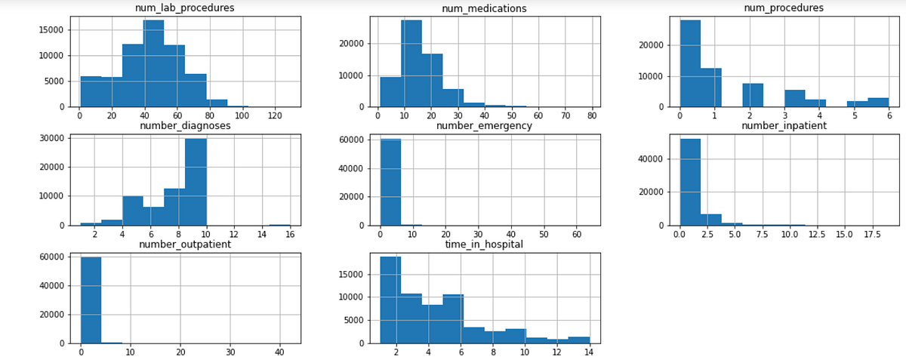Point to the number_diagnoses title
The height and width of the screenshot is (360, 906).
185,125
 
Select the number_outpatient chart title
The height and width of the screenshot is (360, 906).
185,244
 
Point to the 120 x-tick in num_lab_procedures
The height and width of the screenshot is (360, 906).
273,117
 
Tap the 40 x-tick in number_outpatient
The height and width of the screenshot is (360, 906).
279,353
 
